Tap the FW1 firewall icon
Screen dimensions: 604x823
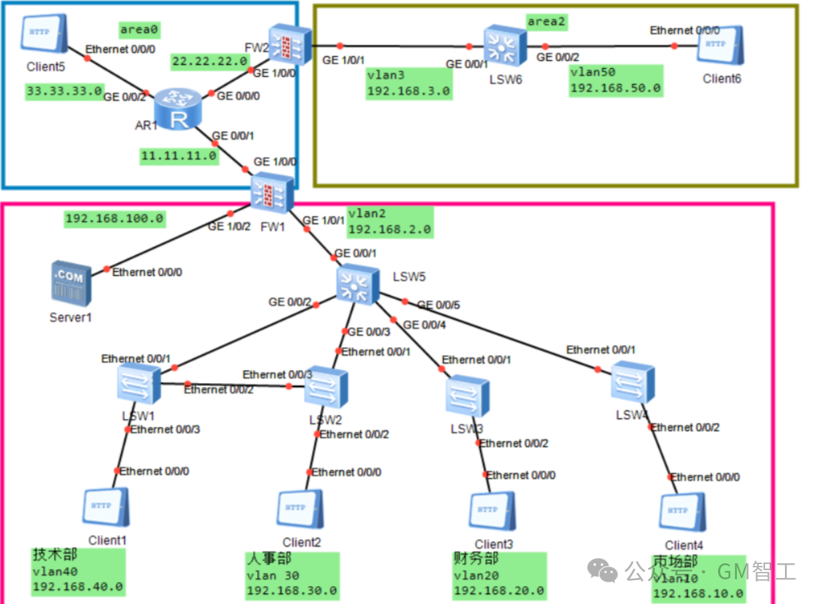(273, 192)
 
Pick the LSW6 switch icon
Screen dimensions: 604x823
(505, 45)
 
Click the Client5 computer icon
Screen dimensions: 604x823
(43, 33)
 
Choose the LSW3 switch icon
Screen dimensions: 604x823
(468, 396)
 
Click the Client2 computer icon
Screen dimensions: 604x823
(300, 510)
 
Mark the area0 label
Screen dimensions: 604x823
(140, 29)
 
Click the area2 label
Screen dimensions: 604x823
(546, 21)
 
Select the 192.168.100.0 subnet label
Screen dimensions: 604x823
(114, 218)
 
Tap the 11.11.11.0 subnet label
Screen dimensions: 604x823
(180, 156)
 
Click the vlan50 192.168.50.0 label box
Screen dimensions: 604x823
(616, 81)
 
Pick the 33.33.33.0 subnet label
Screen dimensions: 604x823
(65, 91)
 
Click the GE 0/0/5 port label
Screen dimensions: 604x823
(439, 305)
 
